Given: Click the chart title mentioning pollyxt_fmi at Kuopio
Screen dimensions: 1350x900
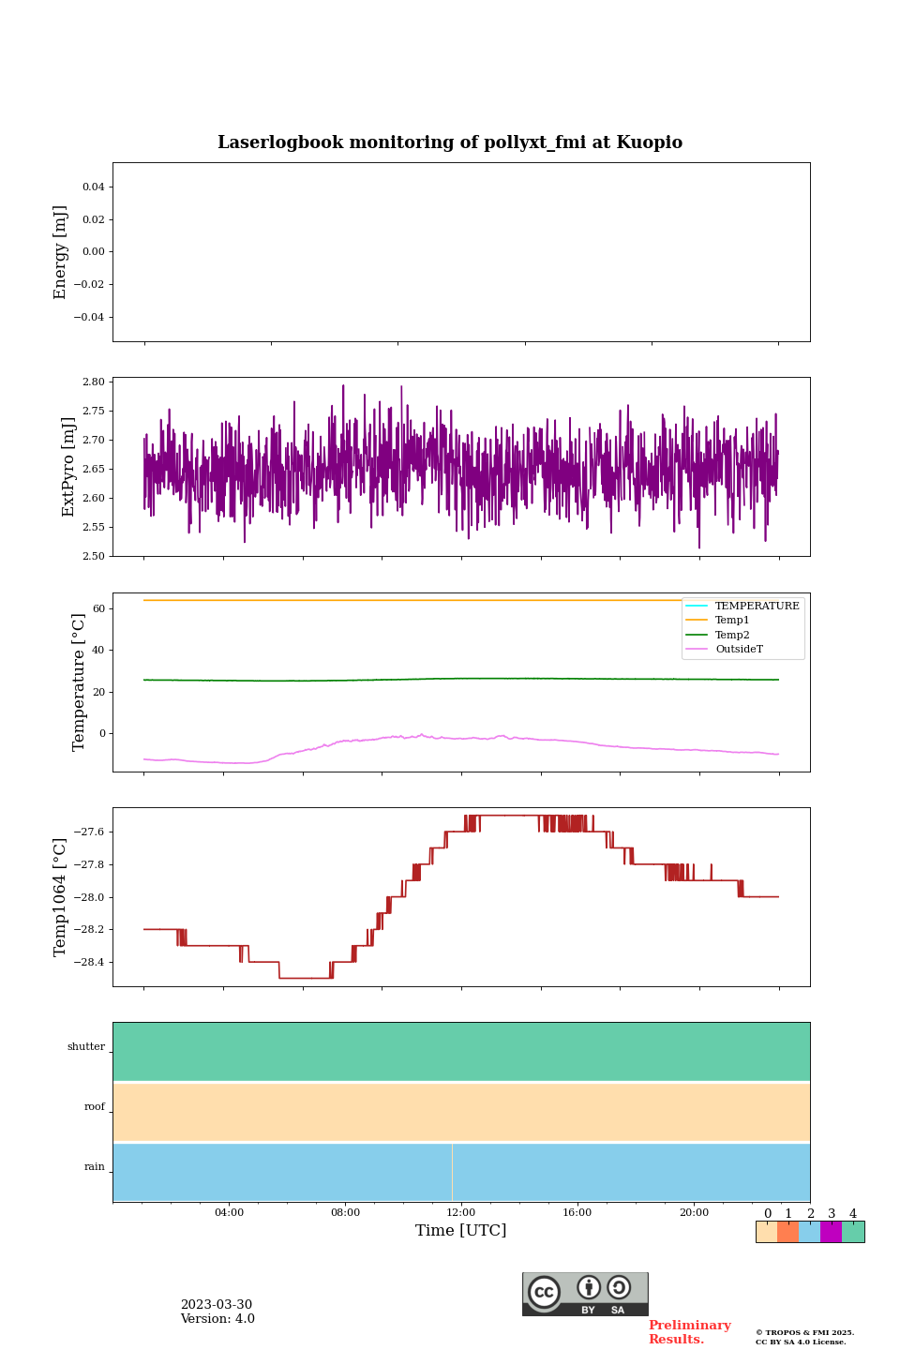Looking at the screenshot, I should [x=450, y=142].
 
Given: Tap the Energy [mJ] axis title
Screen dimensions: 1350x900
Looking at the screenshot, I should [x=61, y=252].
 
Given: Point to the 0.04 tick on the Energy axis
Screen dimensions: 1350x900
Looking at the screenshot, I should [x=93, y=187].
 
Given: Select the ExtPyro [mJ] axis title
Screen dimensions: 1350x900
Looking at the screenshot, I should [x=68, y=467].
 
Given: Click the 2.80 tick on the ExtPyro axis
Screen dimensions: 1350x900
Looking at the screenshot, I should [x=93, y=382].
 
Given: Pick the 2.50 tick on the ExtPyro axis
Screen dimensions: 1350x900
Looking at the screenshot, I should [x=93, y=556].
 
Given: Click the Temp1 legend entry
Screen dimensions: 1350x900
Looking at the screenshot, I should [x=732, y=621].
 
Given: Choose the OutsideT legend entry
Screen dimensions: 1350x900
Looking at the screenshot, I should [x=739, y=649].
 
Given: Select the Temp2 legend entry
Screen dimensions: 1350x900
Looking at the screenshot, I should [x=732, y=635].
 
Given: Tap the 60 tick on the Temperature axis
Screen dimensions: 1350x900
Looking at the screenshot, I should [x=98, y=609].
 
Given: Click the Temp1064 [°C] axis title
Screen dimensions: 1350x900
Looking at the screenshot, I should [x=61, y=897].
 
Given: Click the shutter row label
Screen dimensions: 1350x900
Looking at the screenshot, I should [x=86, y=1047].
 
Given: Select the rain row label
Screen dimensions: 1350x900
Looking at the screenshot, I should [x=95, y=1167].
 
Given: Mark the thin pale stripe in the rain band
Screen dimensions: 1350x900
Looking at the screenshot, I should [x=452, y=1172].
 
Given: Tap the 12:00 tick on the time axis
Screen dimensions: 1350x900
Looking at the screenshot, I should [x=461, y=1213].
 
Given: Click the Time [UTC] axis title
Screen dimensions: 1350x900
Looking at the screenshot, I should [x=461, y=1231].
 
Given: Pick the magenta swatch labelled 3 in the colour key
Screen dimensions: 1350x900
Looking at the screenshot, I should [x=831, y=1232].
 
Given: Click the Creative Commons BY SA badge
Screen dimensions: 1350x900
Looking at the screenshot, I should [x=585, y=1294].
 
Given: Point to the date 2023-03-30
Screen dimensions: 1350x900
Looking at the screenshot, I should [x=217, y=1305].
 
